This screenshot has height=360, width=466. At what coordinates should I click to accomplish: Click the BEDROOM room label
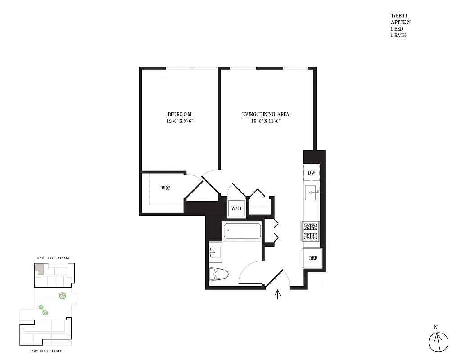point(179,114)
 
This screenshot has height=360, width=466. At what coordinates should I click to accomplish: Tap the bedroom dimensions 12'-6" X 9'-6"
point(179,121)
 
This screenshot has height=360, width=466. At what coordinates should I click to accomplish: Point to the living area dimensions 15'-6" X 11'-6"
point(265,121)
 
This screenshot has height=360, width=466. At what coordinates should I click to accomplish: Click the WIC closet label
point(165,188)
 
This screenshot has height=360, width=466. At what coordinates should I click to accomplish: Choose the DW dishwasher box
point(311,173)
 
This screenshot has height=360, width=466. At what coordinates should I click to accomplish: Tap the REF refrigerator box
point(312,258)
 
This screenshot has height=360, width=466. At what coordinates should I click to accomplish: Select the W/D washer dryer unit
point(236,208)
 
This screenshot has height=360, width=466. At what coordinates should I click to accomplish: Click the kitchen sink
point(311,193)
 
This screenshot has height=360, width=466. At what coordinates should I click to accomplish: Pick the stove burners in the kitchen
point(311,232)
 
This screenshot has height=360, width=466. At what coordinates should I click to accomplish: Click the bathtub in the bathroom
point(242,231)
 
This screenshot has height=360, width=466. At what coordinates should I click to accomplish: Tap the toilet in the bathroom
point(219,273)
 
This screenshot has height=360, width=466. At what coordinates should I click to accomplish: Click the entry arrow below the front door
point(278,294)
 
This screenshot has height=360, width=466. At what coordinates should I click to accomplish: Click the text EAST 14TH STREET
point(53,258)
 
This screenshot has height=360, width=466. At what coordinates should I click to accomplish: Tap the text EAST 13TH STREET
point(45,351)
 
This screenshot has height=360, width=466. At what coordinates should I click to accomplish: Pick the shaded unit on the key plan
point(40,269)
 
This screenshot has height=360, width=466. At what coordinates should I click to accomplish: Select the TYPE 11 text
point(398,15)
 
